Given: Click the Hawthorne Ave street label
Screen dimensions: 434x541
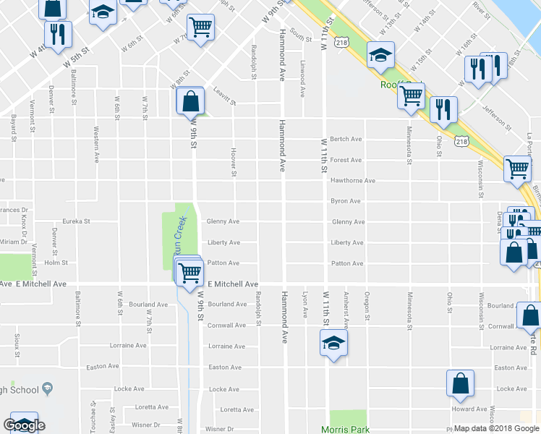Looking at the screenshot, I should coord(353,181).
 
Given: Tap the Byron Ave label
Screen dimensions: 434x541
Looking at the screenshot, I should coord(345,201).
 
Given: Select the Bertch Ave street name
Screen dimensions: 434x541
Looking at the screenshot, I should coord(346,139).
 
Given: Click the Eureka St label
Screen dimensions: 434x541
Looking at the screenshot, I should coord(76,221).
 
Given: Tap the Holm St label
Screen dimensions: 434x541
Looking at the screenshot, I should coord(56,263).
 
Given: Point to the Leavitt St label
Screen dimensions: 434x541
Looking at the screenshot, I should coord(225,96).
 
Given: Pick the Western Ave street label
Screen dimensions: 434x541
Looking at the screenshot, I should coord(96,145).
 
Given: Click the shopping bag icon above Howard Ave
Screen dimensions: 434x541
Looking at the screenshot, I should coord(460,384).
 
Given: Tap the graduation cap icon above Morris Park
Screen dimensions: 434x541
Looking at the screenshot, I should coord(333,342).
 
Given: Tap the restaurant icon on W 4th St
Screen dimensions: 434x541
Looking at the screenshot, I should coord(56,34).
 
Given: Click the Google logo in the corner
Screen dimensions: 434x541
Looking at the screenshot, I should coord(24,425).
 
